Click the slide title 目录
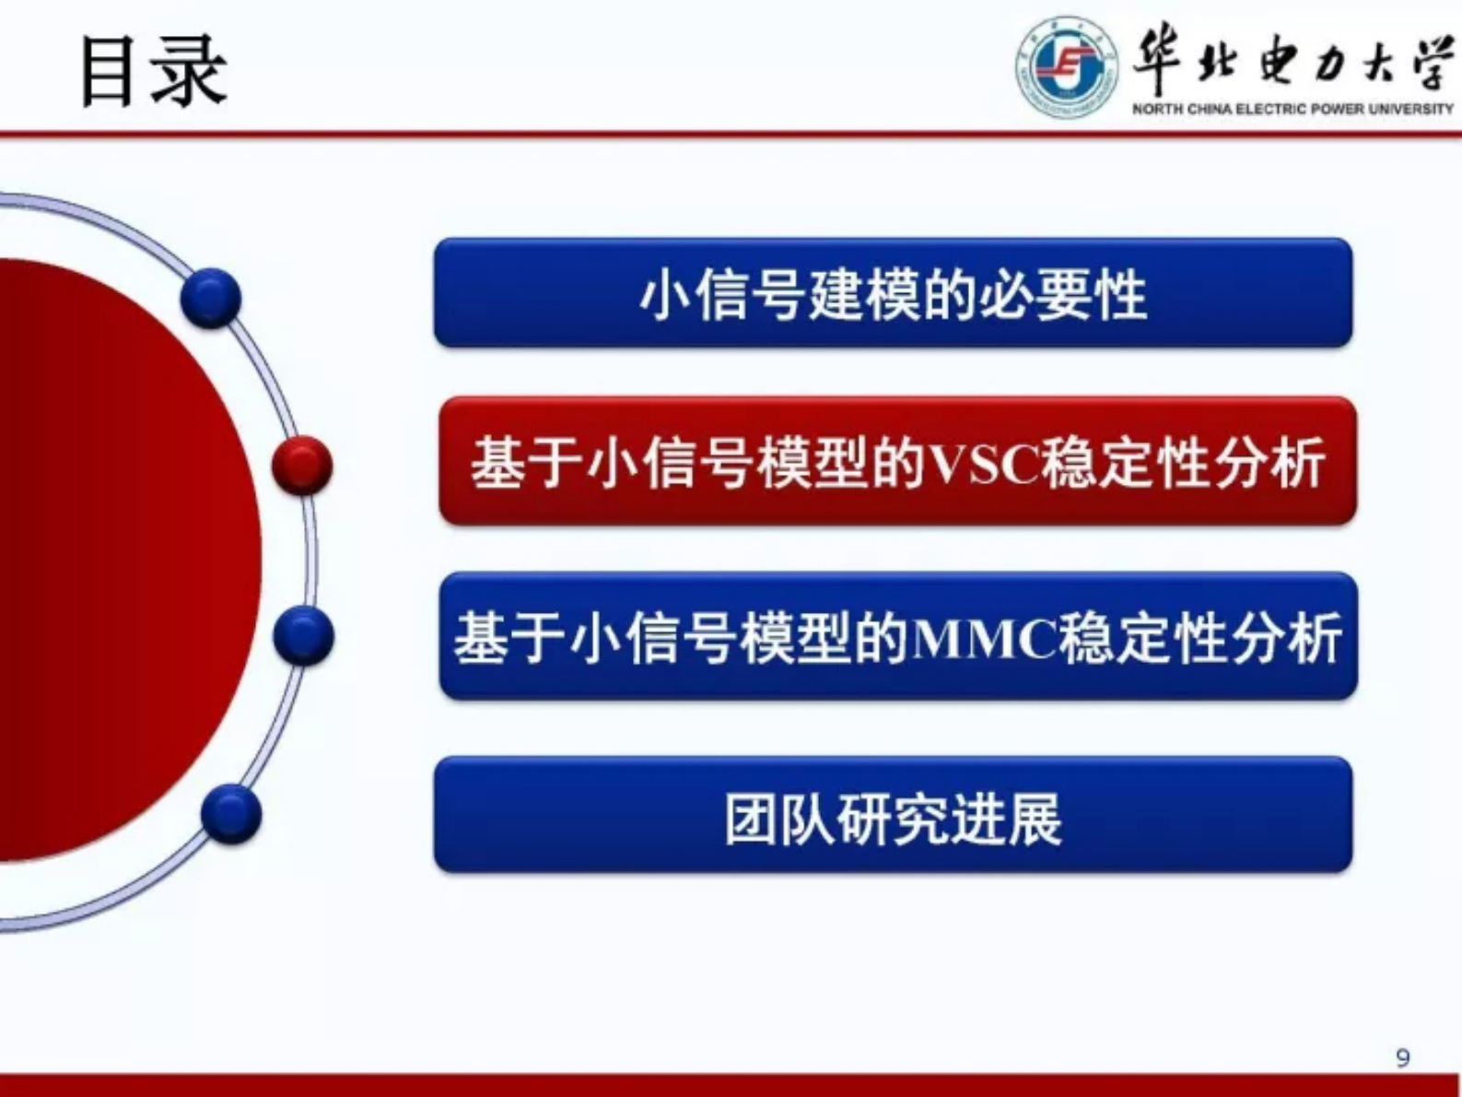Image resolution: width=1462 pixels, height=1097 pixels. click(153, 71)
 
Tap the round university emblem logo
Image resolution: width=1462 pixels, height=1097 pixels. click(1066, 66)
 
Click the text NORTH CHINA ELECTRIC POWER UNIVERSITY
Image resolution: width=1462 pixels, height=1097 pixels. click(1292, 109)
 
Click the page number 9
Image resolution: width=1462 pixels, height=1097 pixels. click(1402, 1057)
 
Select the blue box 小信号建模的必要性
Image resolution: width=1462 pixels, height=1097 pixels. click(893, 293)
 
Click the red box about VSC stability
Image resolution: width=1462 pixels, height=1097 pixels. click(897, 461)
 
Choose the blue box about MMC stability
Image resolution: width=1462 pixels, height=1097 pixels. click(897, 636)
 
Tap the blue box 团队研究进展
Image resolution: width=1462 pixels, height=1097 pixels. click(893, 815)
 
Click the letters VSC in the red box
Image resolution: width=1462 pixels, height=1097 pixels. click(982, 464)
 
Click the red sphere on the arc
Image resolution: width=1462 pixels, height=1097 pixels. click(302, 465)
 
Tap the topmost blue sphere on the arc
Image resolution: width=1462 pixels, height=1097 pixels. click(211, 298)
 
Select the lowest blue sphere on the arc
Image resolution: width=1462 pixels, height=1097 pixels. click(230, 814)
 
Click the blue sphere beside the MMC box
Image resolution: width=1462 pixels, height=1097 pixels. click(303, 635)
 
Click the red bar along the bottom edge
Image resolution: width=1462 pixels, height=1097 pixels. click(731, 1085)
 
